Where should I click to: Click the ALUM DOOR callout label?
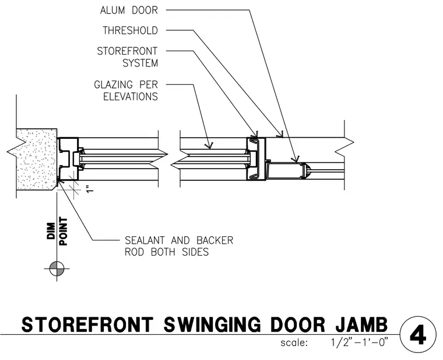129,11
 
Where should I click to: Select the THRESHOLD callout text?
130,30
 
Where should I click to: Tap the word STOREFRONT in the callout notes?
127,51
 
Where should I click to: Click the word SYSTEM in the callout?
140,63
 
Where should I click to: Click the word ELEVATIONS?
131,97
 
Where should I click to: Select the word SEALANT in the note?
145,240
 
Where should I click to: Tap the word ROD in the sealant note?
134,252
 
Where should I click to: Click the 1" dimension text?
90,189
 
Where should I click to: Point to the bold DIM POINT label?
57,231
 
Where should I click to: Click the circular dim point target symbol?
57,268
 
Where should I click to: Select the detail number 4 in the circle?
418,335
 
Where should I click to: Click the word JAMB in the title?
362,324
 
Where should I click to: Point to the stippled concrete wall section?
36,160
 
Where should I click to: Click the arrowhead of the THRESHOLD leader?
280,135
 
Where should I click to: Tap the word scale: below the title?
294,343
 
